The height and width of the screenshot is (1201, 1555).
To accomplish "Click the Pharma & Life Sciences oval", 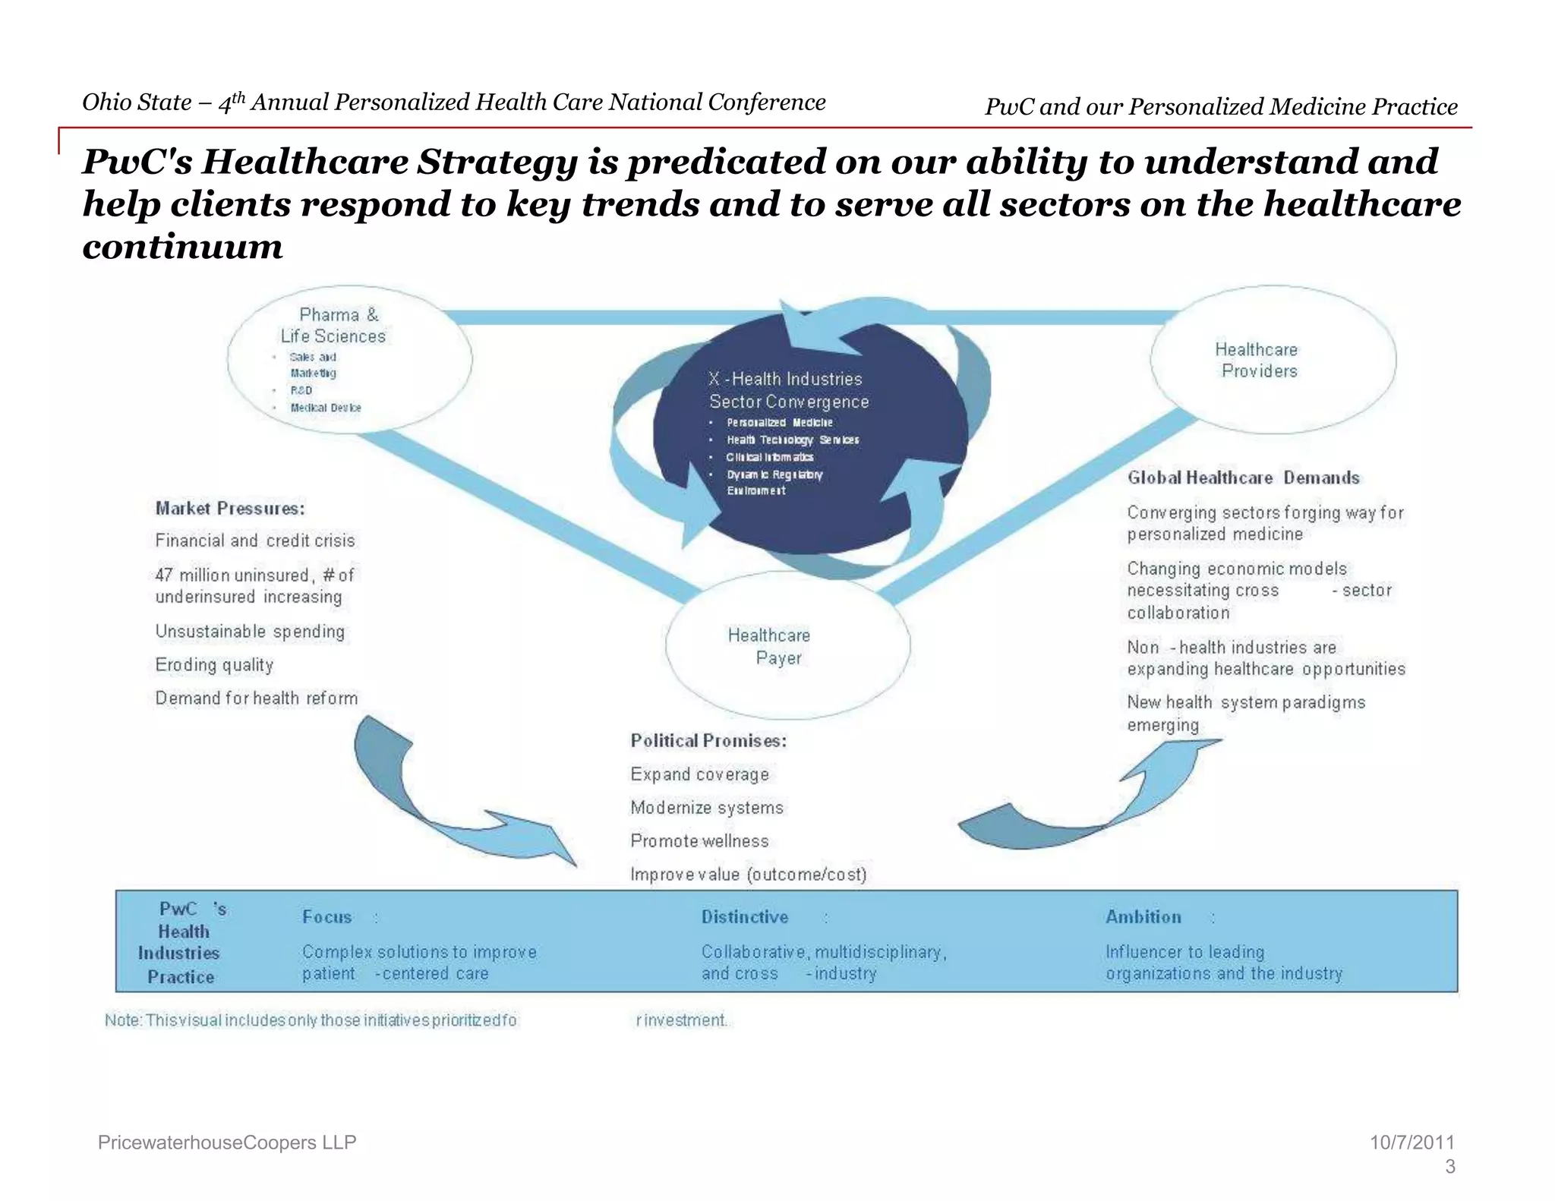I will [349, 358].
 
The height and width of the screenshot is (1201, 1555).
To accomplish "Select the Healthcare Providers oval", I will [1273, 359].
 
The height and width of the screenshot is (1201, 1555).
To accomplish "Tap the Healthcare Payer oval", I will [787, 646].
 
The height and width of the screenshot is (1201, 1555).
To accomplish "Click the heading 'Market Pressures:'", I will [230, 508].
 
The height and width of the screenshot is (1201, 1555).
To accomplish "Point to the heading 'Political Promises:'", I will [708, 740].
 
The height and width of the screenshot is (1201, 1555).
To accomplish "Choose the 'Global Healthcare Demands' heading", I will [1243, 478].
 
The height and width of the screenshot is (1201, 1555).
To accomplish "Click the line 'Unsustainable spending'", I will [250, 631].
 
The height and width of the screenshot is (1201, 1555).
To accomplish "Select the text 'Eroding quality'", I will [214, 664].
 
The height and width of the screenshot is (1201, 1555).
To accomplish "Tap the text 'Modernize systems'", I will [706, 807].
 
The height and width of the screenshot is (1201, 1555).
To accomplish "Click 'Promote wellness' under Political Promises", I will [699, 840].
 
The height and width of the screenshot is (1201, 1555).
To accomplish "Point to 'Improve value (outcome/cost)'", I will [748, 874].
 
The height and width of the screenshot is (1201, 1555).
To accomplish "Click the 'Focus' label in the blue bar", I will [327, 916].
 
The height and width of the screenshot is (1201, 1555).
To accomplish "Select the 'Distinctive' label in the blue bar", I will [745, 916].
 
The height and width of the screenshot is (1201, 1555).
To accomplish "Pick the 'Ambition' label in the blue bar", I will [1143, 916].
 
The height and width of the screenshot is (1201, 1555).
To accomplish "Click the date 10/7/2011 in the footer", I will [1411, 1142].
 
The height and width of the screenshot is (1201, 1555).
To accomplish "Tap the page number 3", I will [1449, 1166].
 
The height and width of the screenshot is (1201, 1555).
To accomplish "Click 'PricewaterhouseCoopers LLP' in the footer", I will [227, 1142].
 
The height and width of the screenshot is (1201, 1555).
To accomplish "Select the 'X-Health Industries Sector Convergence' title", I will [788, 390].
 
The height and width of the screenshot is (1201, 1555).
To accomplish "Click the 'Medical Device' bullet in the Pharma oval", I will [326, 408].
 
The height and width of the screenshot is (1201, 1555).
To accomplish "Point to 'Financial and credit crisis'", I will [255, 540].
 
